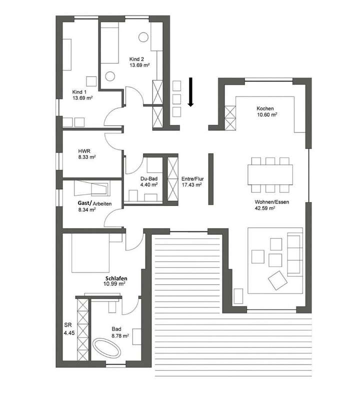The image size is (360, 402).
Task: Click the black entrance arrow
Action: (190, 93)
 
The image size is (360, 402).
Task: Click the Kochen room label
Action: (265, 109)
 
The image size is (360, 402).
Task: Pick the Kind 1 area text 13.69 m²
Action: (82, 98)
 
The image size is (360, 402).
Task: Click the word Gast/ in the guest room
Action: (84, 203)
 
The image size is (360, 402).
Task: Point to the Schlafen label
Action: (115, 278)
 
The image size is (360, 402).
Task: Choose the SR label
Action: (68, 324)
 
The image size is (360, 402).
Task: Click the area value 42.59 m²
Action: (265, 208)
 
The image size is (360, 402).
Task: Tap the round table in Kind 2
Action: (144, 37)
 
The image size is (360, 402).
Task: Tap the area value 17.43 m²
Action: (191, 185)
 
